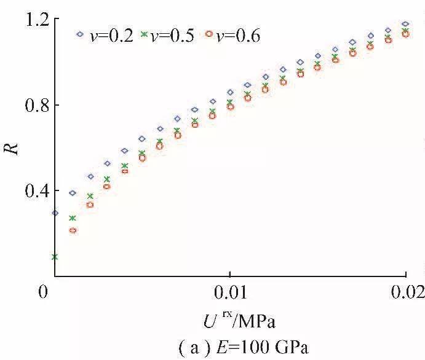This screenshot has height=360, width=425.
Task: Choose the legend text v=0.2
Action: point(111,36)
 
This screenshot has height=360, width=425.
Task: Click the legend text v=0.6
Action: point(240,36)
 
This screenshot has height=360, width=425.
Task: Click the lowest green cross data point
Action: point(55,257)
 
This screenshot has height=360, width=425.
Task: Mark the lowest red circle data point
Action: point(72,230)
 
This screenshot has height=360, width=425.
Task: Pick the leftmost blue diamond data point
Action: point(55,213)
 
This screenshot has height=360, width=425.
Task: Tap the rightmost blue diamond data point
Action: point(406,24)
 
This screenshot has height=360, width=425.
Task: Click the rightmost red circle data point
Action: point(406,34)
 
